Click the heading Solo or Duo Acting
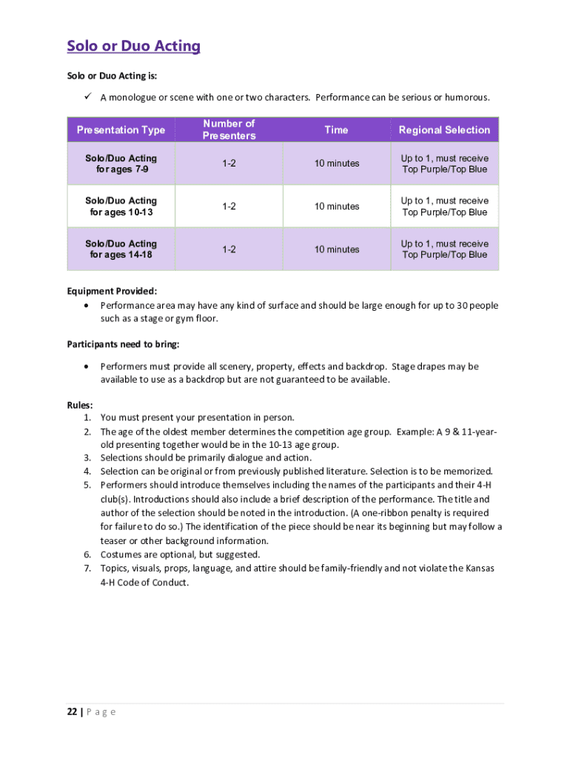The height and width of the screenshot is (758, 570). pyautogui.click(x=133, y=47)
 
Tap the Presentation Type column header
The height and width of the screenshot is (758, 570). pyautogui.click(x=121, y=130)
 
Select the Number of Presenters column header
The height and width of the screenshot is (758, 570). pyautogui.click(x=229, y=130)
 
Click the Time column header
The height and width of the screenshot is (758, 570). pyautogui.click(x=335, y=130)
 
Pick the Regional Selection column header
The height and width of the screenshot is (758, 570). pyautogui.click(x=444, y=130)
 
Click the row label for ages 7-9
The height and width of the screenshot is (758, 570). pyautogui.click(x=121, y=164)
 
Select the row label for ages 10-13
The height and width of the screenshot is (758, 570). pyautogui.click(x=121, y=207)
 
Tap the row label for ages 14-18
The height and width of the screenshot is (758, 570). pyautogui.click(x=121, y=249)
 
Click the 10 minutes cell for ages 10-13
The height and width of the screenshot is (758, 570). pyautogui.click(x=336, y=207)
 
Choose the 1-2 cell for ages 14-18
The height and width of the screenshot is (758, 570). pyautogui.click(x=229, y=249)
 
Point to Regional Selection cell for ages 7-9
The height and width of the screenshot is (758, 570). pyautogui.click(x=444, y=164)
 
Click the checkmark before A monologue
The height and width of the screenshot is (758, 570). pyautogui.click(x=85, y=97)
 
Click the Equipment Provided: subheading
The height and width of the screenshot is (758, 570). pyautogui.click(x=112, y=291)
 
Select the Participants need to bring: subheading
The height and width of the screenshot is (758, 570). pyautogui.click(x=123, y=344)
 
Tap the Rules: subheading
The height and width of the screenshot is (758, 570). pyautogui.click(x=80, y=405)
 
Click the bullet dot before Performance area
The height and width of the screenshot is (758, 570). pyautogui.click(x=87, y=305)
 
